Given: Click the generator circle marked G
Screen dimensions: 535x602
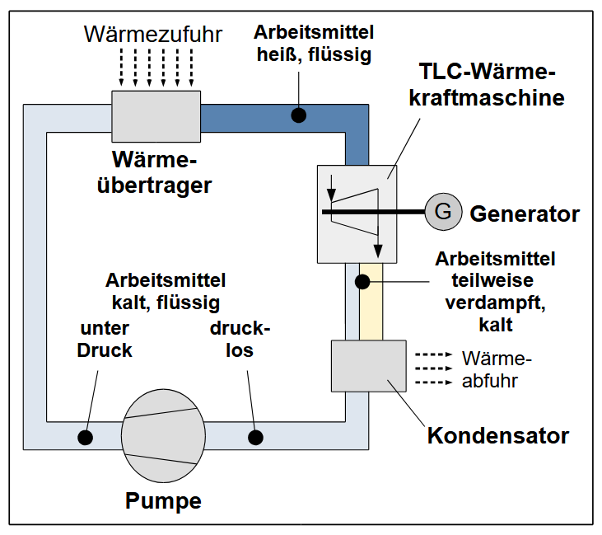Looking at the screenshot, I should (x=443, y=212).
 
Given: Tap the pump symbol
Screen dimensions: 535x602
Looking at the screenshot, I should (x=163, y=435).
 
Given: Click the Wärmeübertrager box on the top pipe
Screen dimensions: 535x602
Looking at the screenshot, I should (x=156, y=116).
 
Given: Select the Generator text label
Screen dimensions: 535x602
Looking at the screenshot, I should (x=525, y=214).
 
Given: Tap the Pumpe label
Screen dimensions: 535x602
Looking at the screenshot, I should (x=163, y=500).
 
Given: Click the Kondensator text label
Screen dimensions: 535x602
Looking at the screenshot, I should (x=497, y=434).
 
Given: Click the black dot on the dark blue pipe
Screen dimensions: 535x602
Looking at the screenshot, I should (x=298, y=115).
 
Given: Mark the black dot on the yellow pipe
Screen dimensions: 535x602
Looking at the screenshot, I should (x=362, y=282).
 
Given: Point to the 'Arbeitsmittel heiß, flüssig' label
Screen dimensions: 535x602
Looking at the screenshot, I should (x=314, y=44).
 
